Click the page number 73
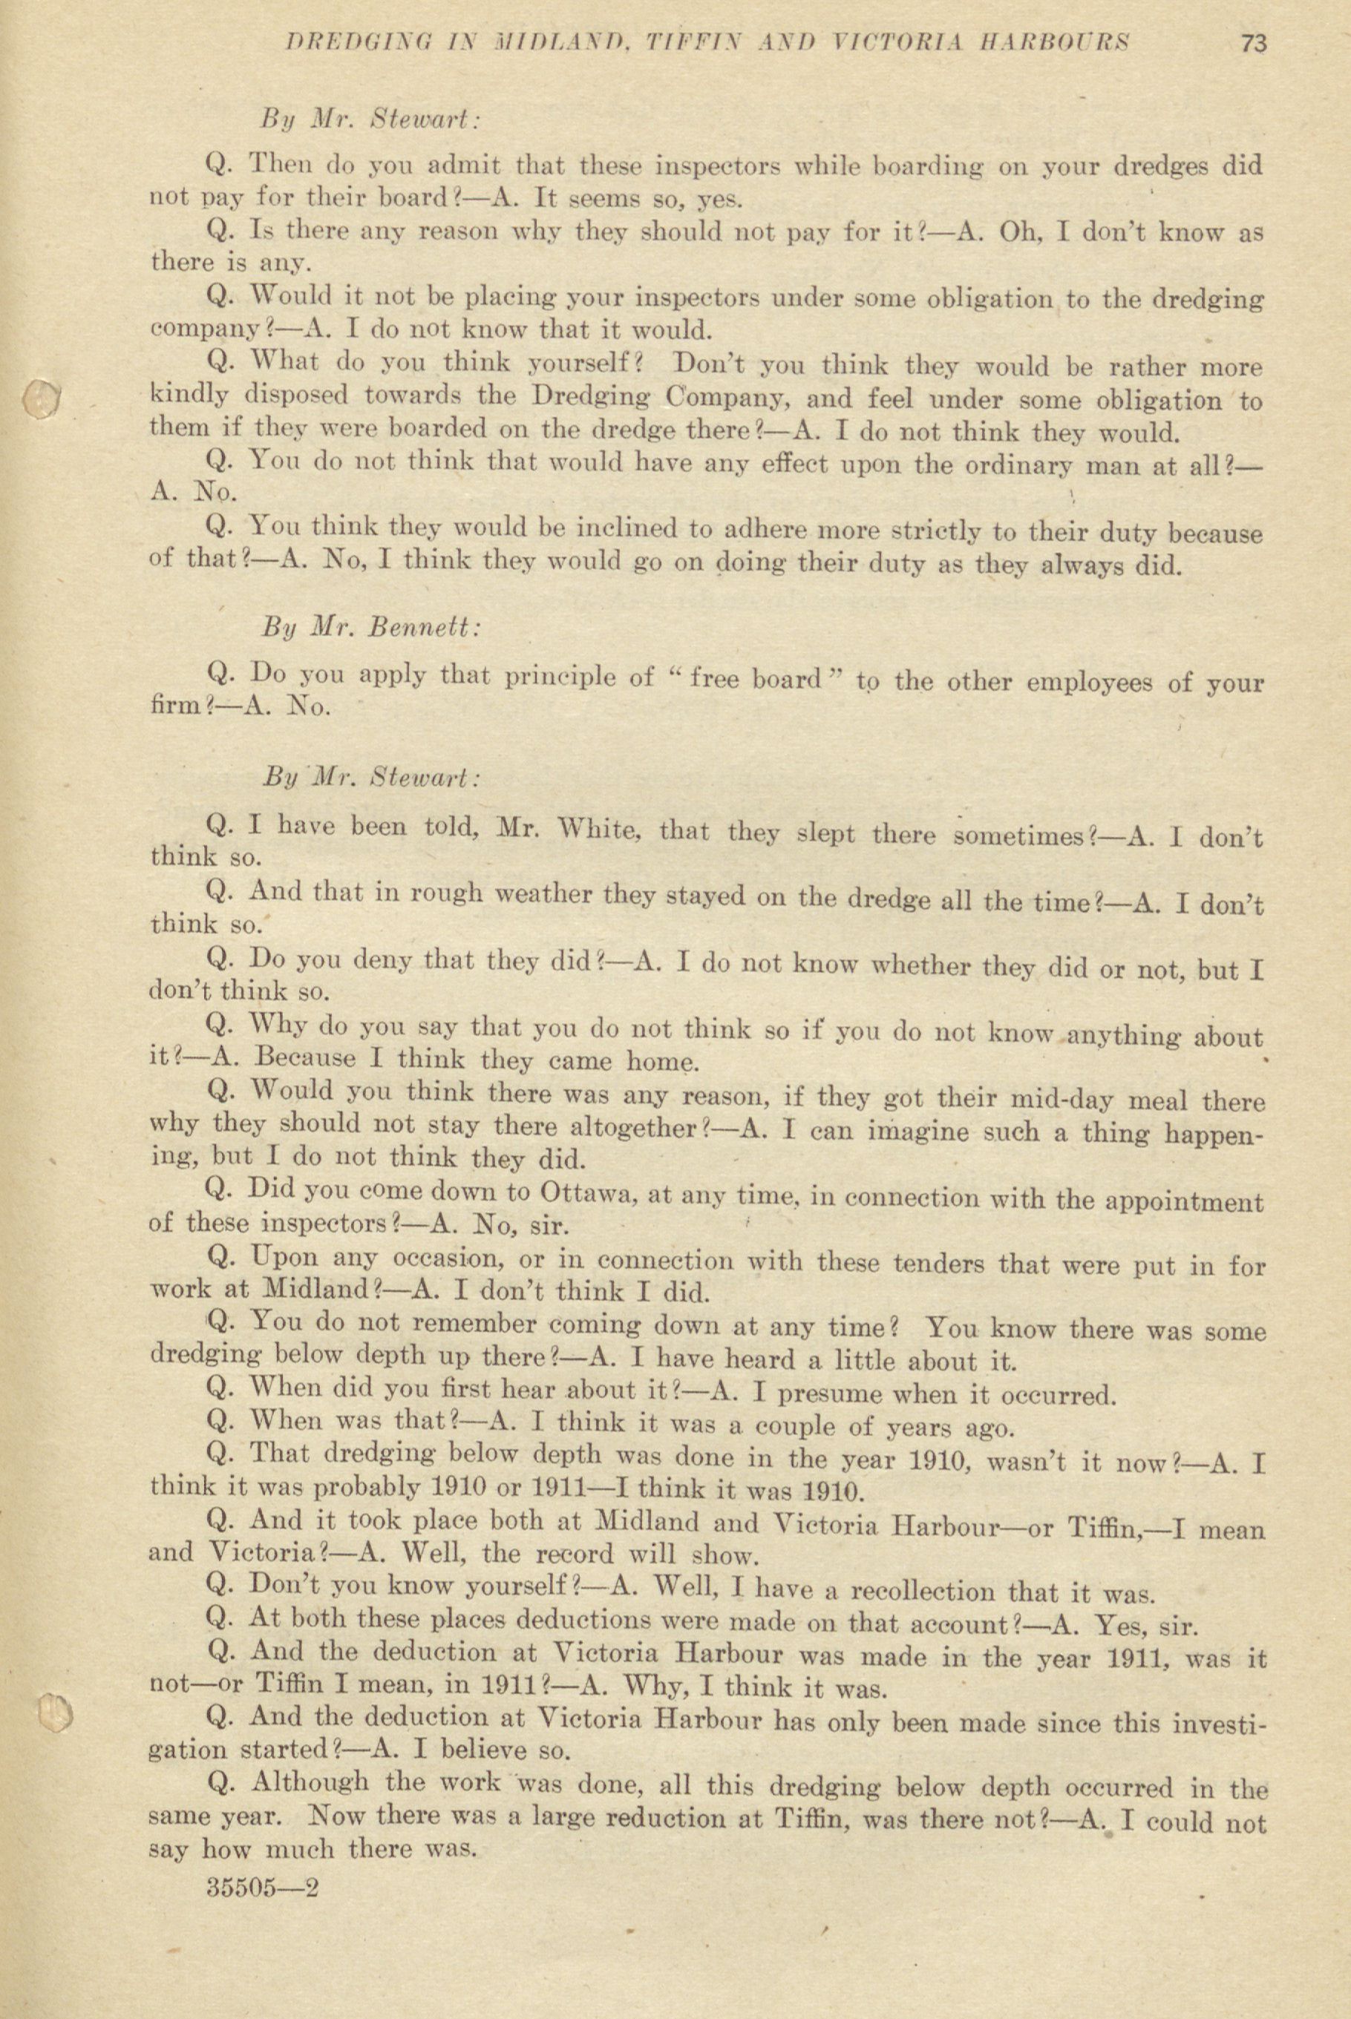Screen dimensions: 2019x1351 point(1254,43)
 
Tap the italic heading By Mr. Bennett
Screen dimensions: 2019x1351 point(370,627)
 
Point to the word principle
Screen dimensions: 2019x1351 point(561,679)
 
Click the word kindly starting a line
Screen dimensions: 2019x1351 point(189,396)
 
